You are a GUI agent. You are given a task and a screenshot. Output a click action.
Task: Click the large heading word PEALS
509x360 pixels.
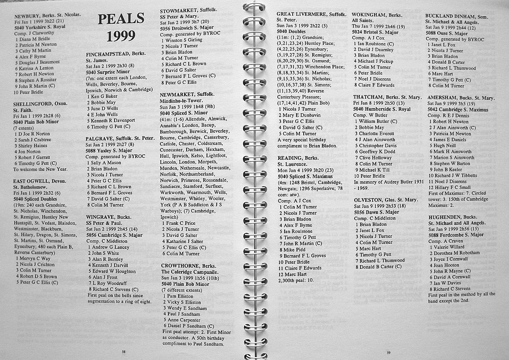point(115,19)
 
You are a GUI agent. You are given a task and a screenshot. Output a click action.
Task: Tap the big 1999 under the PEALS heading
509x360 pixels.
point(115,37)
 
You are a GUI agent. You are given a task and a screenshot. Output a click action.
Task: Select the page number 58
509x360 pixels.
point(123,352)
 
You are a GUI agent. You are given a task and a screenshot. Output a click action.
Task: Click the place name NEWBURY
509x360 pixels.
point(28,14)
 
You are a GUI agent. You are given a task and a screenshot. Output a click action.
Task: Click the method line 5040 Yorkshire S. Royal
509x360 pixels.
point(41,26)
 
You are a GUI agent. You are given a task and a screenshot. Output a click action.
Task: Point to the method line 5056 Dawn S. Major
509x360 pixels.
point(376,212)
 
